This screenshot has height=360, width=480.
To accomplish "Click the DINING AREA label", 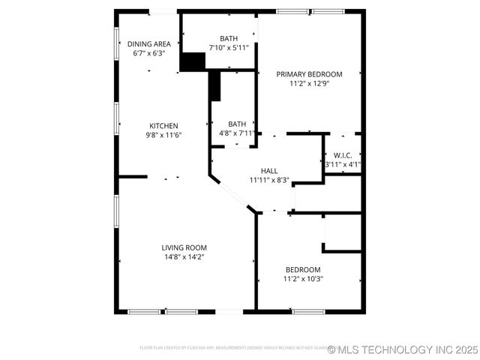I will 148,44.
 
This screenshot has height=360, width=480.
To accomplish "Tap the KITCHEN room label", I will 163,126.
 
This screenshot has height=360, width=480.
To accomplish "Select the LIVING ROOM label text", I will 184,247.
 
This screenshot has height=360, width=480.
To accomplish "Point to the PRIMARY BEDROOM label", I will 309,74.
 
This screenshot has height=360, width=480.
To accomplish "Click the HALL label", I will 269,171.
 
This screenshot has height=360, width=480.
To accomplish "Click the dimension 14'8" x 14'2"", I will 184,257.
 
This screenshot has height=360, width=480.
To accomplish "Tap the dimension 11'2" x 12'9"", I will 309,83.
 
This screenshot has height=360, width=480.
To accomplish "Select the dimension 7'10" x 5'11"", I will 229,47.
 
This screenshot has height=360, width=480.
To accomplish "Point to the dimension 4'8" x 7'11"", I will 237,133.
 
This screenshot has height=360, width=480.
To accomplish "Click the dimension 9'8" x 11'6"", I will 163,135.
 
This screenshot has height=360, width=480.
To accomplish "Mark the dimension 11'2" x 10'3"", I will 303,279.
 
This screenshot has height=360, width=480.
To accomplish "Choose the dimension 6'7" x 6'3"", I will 148,53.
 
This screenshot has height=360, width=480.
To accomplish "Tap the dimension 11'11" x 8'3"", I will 269,180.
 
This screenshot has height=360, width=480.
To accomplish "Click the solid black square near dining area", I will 193,61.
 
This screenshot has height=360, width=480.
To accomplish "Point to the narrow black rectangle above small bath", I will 215,85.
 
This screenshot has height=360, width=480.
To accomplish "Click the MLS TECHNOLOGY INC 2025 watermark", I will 403,349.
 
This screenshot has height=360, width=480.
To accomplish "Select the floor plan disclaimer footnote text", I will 232,348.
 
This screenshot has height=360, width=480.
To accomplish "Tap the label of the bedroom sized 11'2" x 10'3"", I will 303,270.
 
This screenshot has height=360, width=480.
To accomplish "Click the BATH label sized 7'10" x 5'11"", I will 229,38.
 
